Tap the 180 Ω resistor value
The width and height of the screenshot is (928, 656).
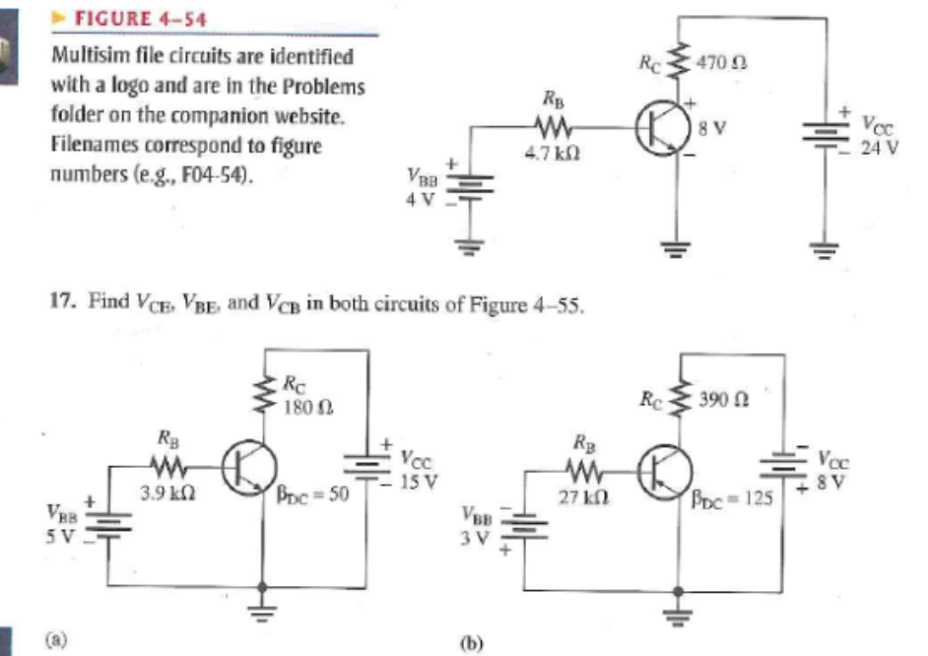(x=299, y=405)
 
